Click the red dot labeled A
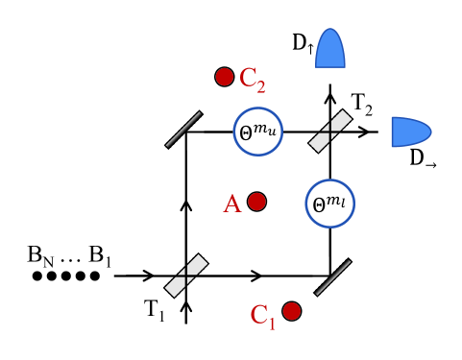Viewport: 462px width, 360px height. point(256,202)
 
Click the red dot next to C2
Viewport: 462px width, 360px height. point(225,76)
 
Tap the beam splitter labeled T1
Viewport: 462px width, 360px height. point(186,275)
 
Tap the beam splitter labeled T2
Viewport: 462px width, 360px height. point(329,131)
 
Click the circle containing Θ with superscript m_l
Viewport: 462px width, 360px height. point(329,203)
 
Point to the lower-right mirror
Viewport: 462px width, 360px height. point(332,276)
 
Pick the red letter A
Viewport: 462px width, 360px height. point(231,204)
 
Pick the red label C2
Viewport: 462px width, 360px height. point(254,79)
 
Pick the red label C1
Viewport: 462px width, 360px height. point(263,316)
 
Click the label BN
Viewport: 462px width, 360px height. point(40,255)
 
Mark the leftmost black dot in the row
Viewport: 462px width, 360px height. point(37,276)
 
